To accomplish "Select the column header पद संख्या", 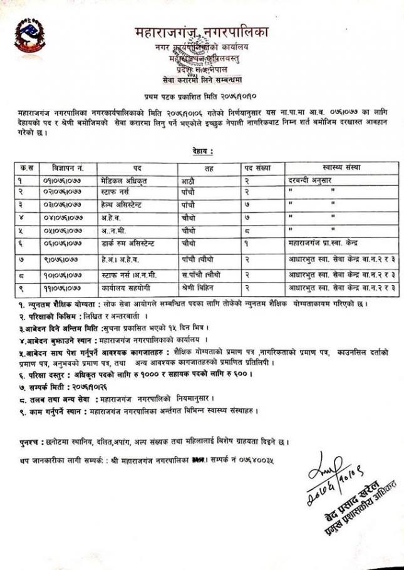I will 262,168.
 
